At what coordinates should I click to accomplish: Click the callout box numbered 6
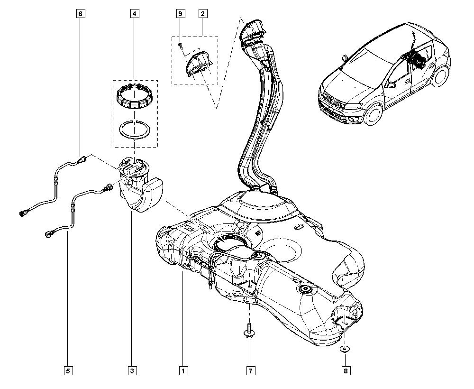pyautogui.click(x=80, y=14)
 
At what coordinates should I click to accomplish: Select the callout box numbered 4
pyautogui.click(x=135, y=14)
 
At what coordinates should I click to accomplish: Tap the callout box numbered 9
pyautogui.click(x=180, y=14)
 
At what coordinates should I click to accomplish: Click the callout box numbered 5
pyautogui.click(x=69, y=370)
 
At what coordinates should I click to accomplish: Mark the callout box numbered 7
pyautogui.click(x=250, y=370)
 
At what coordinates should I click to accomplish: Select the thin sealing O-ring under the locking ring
pyautogui.click(x=135, y=129)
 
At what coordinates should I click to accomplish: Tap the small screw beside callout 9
pyautogui.click(x=181, y=45)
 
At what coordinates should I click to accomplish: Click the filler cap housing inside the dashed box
pyautogui.click(x=198, y=64)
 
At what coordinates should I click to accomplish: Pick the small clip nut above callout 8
pyautogui.click(x=345, y=350)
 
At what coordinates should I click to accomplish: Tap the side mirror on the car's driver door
pyautogui.click(x=392, y=85)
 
